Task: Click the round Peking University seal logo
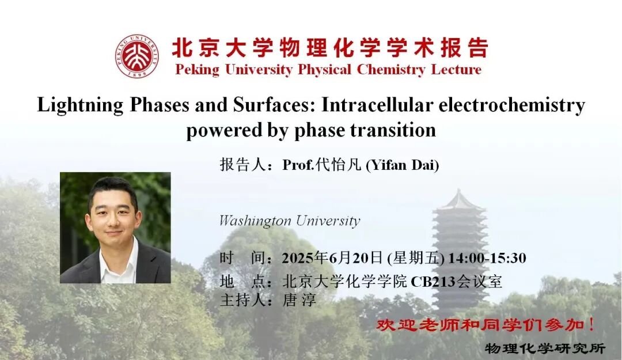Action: pyautogui.click(x=137, y=55)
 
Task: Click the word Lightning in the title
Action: pyautogui.click(x=80, y=105)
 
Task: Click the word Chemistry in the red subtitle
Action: pyautogui.click(x=390, y=70)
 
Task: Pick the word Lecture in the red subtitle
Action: pyautogui.click(x=456, y=70)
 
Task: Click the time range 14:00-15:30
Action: pyautogui.click(x=487, y=258)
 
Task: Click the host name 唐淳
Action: pyautogui.click(x=299, y=300)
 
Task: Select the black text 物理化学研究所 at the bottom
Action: pyautogui.click(x=545, y=348)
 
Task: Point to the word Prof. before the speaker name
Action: pyautogui.click(x=298, y=165)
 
